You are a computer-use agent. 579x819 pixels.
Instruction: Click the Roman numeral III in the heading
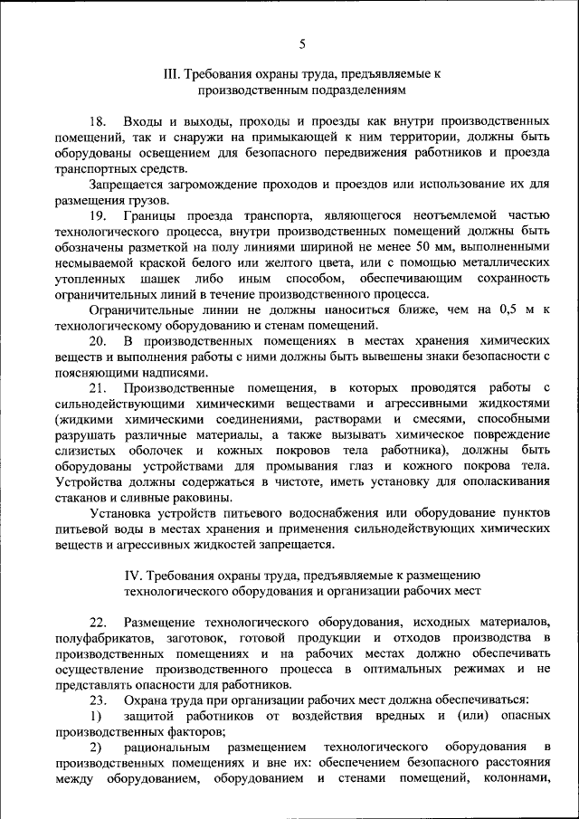tap(169, 73)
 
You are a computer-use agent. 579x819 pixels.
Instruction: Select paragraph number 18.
tap(97, 120)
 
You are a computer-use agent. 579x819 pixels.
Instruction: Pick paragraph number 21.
tap(97, 387)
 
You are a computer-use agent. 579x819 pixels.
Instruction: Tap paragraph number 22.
tap(97, 623)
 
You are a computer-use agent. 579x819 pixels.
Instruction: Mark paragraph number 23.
tap(97, 700)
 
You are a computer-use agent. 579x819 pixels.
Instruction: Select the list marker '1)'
tap(95, 716)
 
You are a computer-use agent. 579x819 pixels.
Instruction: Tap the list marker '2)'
tap(95, 748)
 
